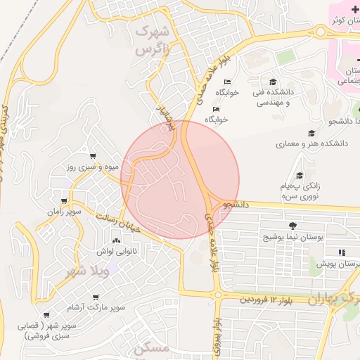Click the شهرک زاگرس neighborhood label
click(x=153, y=41)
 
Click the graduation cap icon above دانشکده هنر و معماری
click(x=311, y=133)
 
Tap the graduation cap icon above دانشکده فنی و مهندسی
click(x=272, y=82)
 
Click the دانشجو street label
click(x=237, y=205)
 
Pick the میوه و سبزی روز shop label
click(x=91, y=167)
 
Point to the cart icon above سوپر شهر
click(x=46, y=315)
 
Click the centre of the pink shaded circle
click(x=181, y=179)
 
